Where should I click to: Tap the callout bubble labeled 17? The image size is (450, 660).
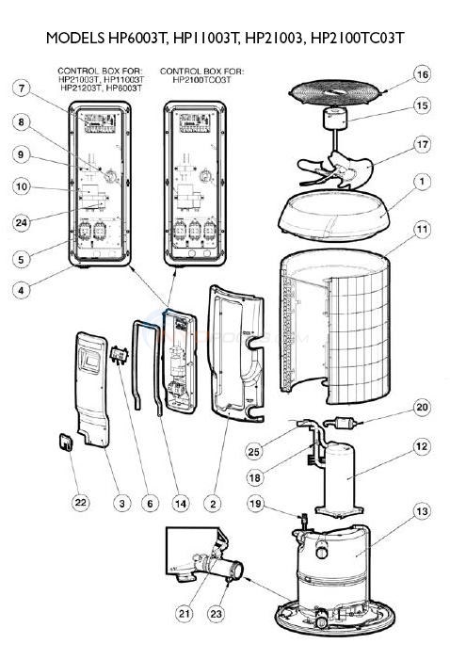(x=422, y=146)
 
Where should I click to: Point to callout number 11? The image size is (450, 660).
(x=422, y=229)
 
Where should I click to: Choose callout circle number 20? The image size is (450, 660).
(x=422, y=407)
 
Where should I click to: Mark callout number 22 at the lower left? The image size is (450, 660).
(x=81, y=503)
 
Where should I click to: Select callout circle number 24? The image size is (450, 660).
(x=21, y=222)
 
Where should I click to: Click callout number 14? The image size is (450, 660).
(x=180, y=503)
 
